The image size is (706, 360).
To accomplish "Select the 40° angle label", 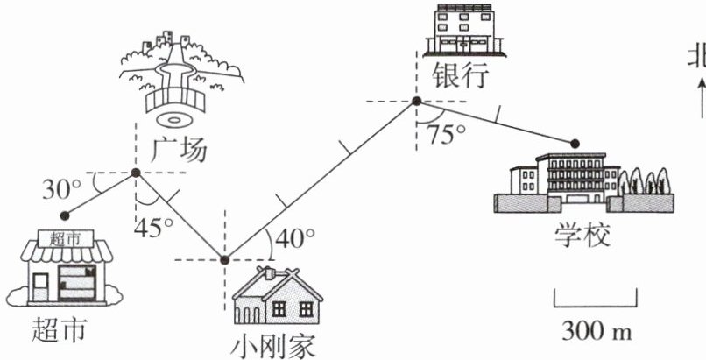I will (x=295, y=237).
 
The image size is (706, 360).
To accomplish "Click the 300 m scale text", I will (x=590, y=331).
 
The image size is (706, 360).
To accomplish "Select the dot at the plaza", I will (x=136, y=173).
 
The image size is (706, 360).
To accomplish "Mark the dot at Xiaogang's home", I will (x=224, y=260).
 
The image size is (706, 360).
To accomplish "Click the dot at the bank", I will (x=417, y=102).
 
